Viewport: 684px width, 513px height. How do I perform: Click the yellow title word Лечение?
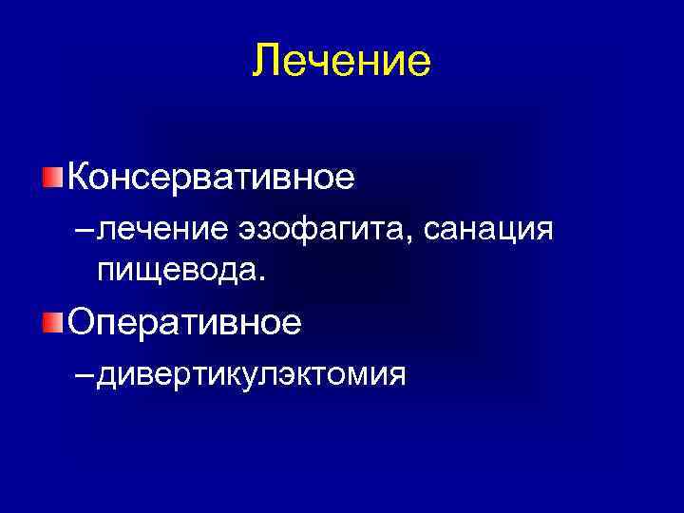342,62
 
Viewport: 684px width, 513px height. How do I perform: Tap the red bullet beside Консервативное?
52,177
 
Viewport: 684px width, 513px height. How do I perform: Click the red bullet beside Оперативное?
52,323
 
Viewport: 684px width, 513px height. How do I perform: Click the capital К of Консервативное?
78,177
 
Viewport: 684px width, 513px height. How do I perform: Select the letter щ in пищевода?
140,272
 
